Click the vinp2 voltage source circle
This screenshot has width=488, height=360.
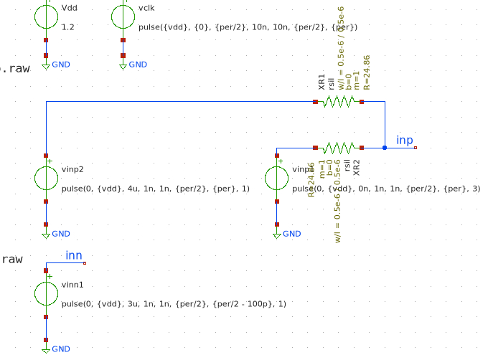coord(46,179)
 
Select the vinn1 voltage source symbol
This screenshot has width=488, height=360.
coord(46,293)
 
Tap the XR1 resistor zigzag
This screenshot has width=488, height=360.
coord(339,102)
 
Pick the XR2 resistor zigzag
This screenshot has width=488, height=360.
coord(339,148)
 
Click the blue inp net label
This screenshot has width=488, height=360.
coord(405,140)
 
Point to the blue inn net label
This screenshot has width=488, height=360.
coord(74,255)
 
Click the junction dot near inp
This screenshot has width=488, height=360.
coord(385,148)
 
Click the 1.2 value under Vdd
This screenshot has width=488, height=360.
coord(67,27)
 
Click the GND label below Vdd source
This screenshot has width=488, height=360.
coord(61,65)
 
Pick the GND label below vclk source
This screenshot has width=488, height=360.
coord(138,65)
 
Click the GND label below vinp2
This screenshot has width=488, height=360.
coord(61,234)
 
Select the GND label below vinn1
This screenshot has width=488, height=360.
coord(61,349)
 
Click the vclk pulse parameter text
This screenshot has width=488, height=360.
coord(248,27)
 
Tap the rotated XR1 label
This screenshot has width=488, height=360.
coord(322,82)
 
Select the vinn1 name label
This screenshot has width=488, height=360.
coord(72,285)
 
